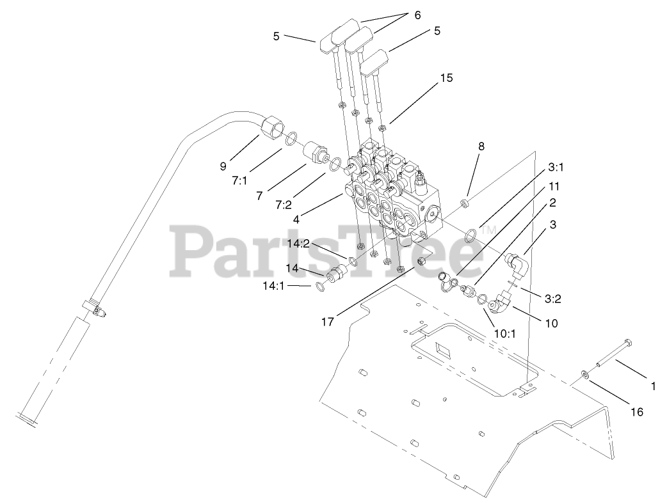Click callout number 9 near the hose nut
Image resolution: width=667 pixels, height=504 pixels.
(223, 166)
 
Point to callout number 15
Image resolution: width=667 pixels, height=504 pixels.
(446, 78)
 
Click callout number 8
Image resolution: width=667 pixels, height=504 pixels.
(481, 146)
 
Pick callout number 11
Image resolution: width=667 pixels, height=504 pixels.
(554, 187)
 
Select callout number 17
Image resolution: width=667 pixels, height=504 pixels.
(328, 322)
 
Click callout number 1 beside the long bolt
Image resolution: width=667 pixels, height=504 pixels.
(653, 386)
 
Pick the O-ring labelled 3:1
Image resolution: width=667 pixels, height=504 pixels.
(470, 235)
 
